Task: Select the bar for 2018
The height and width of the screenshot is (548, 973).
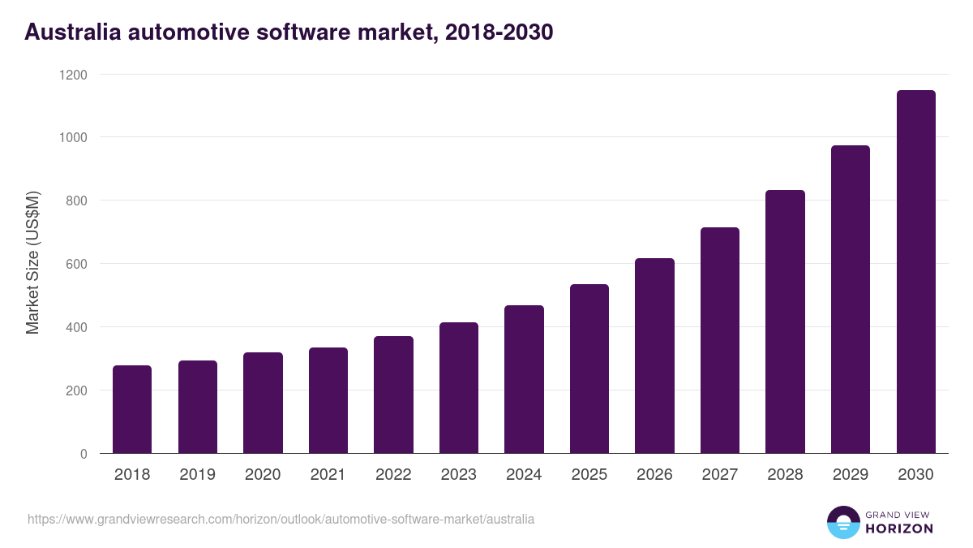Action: (x=132, y=410)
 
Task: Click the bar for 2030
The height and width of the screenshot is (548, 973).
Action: (x=916, y=272)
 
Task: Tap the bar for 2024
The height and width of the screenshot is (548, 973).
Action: (x=524, y=380)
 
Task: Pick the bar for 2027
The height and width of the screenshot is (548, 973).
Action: (x=720, y=341)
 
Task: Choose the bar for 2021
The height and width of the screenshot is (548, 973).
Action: (x=328, y=401)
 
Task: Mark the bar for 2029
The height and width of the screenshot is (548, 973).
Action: (x=851, y=300)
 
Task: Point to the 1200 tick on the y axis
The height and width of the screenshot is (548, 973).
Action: (x=72, y=75)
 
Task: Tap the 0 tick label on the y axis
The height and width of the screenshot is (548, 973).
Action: (x=84, y=454)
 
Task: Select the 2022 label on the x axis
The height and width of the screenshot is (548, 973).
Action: (x=393, y=475)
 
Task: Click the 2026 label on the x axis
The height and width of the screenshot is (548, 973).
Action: (x=654, y=475)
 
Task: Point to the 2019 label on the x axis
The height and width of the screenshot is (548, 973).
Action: (x=197, y=475)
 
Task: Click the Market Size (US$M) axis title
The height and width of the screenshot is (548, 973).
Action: (x=32, y=264)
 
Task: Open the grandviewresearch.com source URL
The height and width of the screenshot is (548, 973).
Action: (x=281, y=519)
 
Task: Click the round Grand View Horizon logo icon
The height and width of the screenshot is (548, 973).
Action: (x=842, y=522)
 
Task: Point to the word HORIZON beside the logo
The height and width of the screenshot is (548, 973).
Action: (x=899, y=529)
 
